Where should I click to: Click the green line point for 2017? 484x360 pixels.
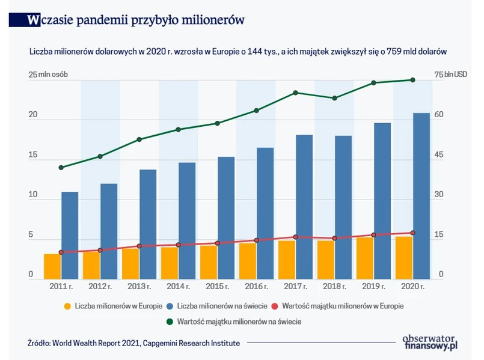[295, 93]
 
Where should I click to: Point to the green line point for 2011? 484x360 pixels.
[61, 167]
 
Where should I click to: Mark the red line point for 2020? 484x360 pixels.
[412, 233]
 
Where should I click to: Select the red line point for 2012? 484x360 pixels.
[100, 250]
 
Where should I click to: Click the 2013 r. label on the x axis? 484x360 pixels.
[139, 287]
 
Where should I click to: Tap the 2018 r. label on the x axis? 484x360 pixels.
[334, 287]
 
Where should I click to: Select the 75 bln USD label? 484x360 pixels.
[450, 75]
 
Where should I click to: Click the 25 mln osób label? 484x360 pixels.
[48, 75]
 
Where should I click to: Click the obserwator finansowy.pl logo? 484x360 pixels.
[430, 341]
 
